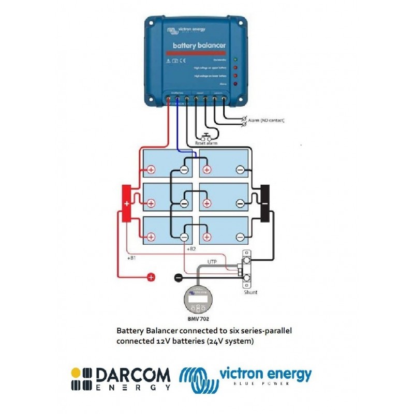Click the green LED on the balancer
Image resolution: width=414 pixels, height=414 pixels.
236,60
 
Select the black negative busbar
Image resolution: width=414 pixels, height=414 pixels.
265,203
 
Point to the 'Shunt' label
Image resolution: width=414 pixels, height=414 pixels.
250,292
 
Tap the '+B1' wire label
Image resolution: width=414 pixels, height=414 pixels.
132,257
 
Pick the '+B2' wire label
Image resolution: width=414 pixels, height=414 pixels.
190,249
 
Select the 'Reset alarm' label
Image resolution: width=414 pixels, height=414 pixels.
206,143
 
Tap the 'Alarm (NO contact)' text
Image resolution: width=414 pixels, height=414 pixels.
266,120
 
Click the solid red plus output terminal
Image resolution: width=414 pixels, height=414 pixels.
151,277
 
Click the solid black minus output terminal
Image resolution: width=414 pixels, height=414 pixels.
178,277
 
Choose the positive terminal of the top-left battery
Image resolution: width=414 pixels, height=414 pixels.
151,169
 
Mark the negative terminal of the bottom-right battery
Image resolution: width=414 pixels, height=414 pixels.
240,237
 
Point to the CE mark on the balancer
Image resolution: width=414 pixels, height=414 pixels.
183,60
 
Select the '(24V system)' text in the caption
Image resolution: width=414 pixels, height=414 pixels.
232,341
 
